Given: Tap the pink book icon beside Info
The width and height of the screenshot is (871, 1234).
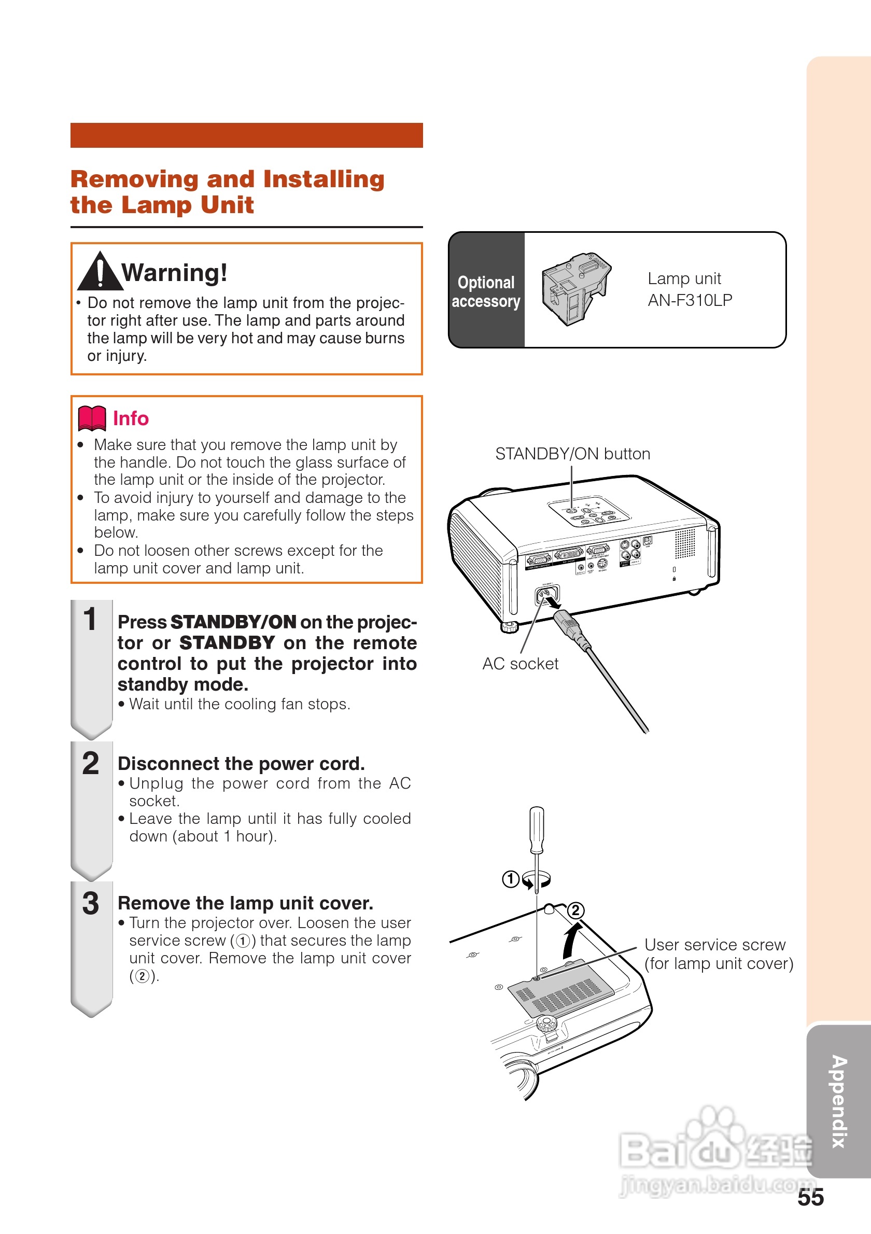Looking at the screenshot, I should tap(92, 418).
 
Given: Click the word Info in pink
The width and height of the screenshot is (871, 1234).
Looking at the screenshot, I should tap(131, 418).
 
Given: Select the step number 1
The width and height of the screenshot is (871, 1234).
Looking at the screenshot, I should tap(90, 619).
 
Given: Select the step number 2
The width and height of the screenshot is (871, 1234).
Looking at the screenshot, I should tap(90, 763).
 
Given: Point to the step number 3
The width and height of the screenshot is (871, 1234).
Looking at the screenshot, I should tap(90, 903).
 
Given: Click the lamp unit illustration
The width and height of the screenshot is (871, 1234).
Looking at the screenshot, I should tap(575, 288).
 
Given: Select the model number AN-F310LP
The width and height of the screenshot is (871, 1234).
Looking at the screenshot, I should tap(690, 300).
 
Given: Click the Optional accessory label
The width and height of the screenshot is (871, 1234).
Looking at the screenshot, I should tap(486, 291).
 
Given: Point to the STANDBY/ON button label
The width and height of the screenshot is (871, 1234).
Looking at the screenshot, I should tap(572, 454).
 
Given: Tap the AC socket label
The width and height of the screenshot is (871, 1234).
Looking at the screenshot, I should tap(519, 664).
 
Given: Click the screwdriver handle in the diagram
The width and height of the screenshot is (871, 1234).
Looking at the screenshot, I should tap(536, 829).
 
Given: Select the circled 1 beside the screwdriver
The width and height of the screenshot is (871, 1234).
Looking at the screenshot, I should tap(510, 879).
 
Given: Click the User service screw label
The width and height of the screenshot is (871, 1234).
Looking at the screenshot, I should tap(714, 945).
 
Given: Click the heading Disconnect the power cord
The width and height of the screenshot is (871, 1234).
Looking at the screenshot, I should tap(241, 764).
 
